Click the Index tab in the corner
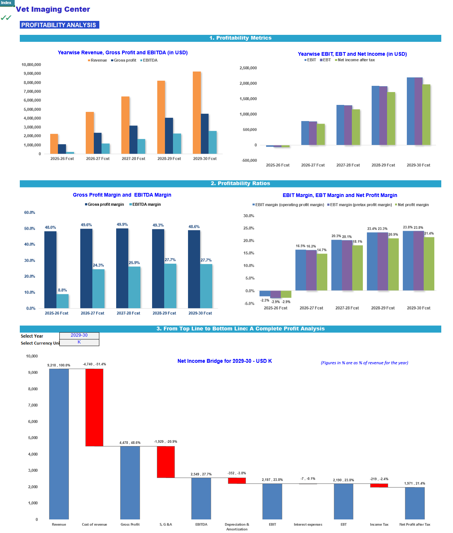pos(7,3)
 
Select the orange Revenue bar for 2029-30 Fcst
pos(196,112)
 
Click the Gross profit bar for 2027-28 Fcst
pos(133,139)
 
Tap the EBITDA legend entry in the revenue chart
pos(149,60)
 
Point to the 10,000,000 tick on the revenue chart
pos(31,65)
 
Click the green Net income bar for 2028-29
pos(391,118)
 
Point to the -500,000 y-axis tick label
pos(249,160)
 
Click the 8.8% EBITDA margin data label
pos(62,290)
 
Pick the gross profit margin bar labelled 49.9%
pos(122,268)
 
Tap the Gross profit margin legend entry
pos(104,204)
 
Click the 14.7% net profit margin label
pos(321,250)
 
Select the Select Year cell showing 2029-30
pos(79,335)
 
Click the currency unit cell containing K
pos(79,342)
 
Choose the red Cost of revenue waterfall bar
pos(94,408)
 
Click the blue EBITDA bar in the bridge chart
pos(201,499)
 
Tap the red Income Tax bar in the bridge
pos(379,485)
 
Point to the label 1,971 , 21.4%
pos(415,483)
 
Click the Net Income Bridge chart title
pos(224,361)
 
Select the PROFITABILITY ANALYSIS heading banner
pos(59,25)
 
